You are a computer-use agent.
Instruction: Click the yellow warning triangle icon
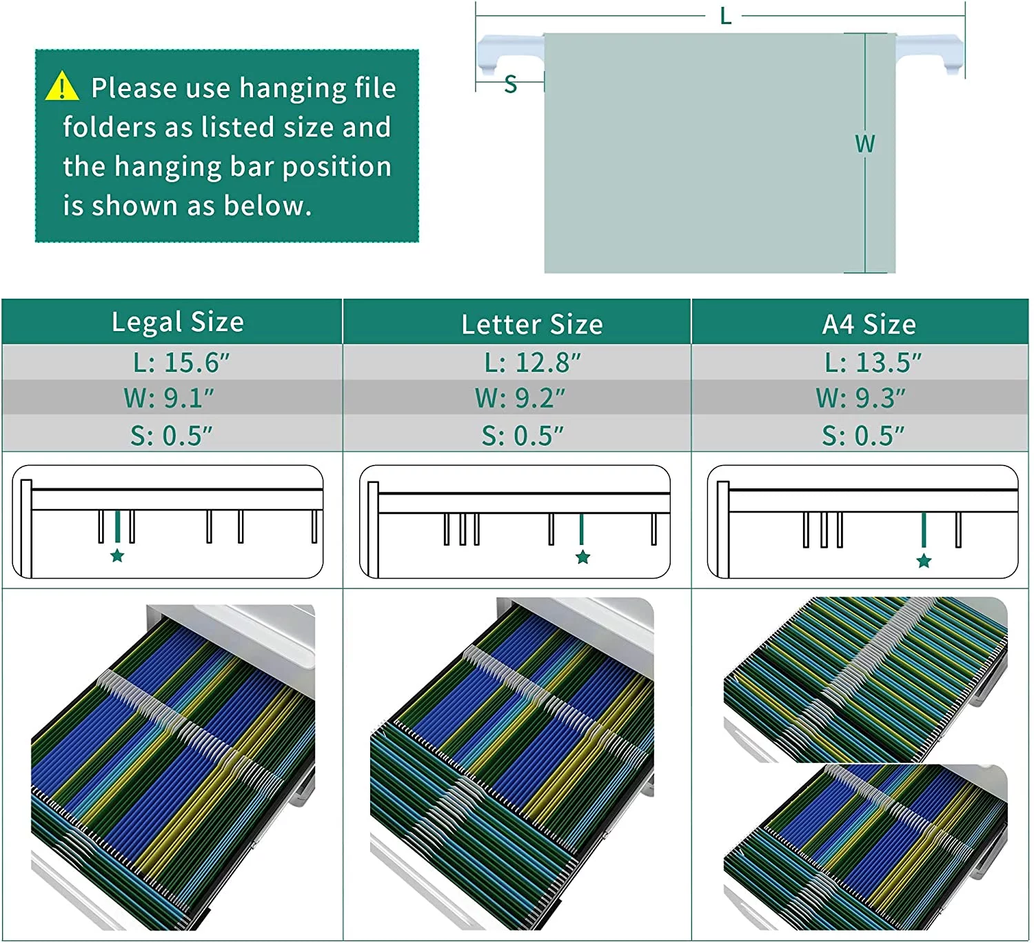[x=62, y=86]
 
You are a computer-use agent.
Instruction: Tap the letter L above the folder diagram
[x=726, y=17]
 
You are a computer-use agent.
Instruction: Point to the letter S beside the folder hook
[x=511, y=84]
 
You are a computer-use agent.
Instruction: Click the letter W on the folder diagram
[x=865, y=144]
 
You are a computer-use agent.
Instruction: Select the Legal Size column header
[x=178, y=322]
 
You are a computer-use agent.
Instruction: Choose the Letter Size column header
[x=532, y=324]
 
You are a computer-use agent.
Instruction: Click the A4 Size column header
[x=869, y=324]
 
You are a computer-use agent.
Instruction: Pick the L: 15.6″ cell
[x=181, y=363]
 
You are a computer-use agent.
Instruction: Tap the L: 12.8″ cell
[x=532, y=363]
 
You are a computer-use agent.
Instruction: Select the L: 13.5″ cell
[x=873, y=363]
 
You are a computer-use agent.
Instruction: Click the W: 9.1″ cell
[x=169, y=398]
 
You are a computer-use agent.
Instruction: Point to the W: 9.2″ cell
[x=520, y=398]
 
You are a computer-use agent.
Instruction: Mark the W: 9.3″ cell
[x=861, y=398]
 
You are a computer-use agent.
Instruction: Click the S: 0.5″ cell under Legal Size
[x=172, y=436]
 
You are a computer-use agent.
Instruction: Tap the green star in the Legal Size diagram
[x=117, y=555]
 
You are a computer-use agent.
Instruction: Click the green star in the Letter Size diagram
[x=583, y=557]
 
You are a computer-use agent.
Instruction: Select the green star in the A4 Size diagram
[x=924, y=561]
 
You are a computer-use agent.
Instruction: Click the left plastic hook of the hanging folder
[x=510, y=54]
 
